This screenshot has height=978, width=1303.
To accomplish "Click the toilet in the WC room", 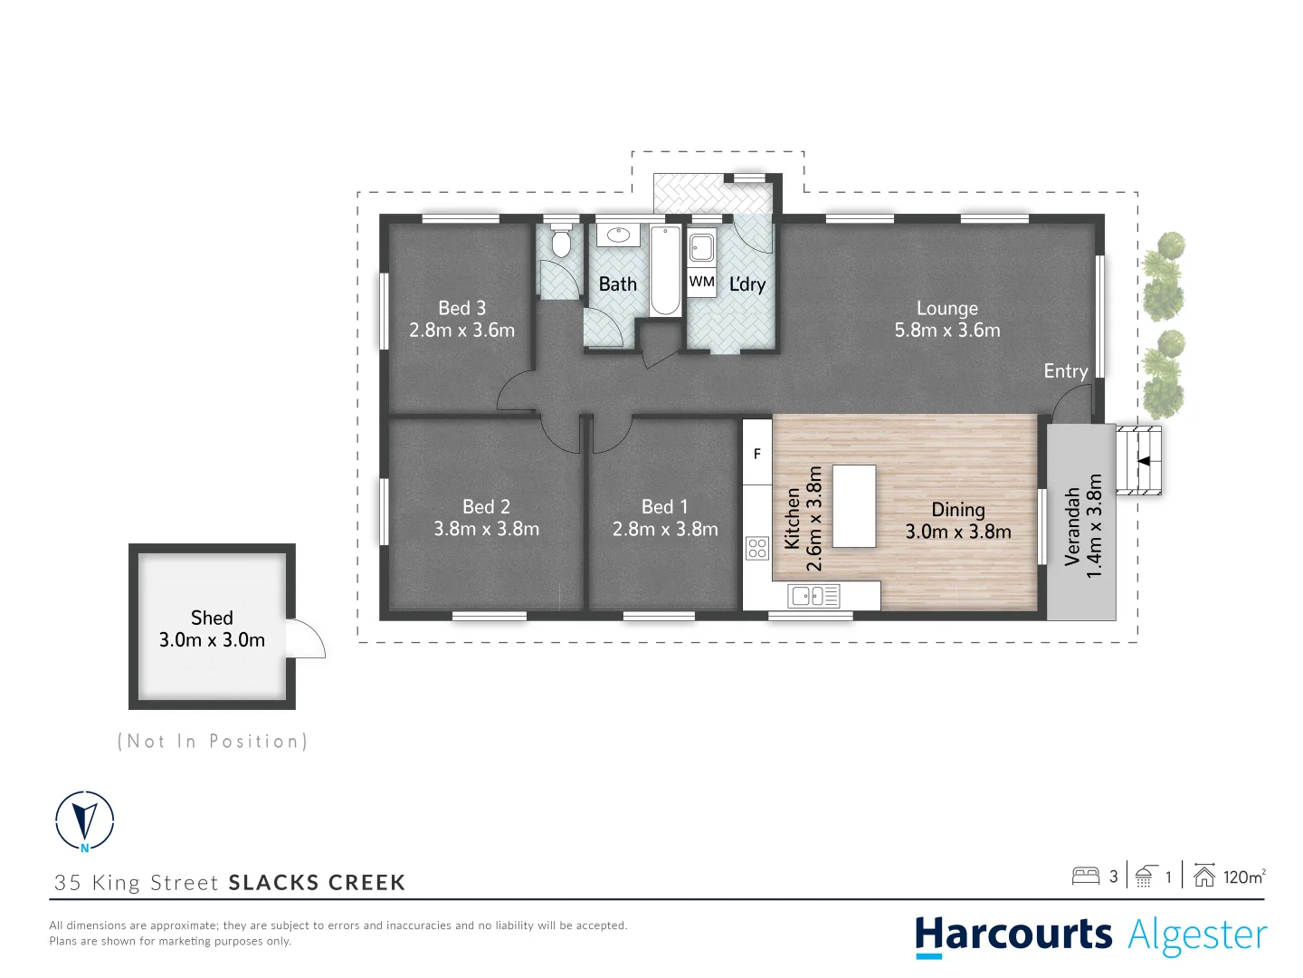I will pos(562,243).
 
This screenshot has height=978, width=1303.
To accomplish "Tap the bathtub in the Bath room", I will pos(665,270).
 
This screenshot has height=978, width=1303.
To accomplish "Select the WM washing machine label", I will pos(701,282).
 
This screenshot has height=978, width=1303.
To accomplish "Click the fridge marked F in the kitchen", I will pos(757,453).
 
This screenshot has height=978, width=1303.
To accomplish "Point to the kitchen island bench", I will pos(853,505).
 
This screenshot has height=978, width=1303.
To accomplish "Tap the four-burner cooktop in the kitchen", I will pos(757,548).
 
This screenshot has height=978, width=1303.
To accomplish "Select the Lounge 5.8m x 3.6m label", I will pos(947,320).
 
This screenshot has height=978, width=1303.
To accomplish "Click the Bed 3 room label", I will pos(461,308).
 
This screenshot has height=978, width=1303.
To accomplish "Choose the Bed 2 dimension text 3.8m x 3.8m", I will pos(486,529).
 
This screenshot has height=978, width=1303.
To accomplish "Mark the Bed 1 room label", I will pos(664,506).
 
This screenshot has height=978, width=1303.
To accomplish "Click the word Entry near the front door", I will pos(1065,371).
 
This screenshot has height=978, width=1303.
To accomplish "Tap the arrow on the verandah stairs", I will pos(1143,461).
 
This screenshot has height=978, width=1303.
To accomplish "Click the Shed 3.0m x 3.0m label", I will pos(212,628).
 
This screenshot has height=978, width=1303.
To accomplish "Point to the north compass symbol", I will pos(85,820).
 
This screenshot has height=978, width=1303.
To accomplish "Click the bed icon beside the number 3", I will pos(1085,876).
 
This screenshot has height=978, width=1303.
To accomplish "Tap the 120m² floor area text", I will pos(1244,877).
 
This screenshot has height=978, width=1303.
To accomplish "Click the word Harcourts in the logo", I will pos(1013,935).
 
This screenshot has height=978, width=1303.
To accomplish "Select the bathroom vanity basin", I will pos(618,235).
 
